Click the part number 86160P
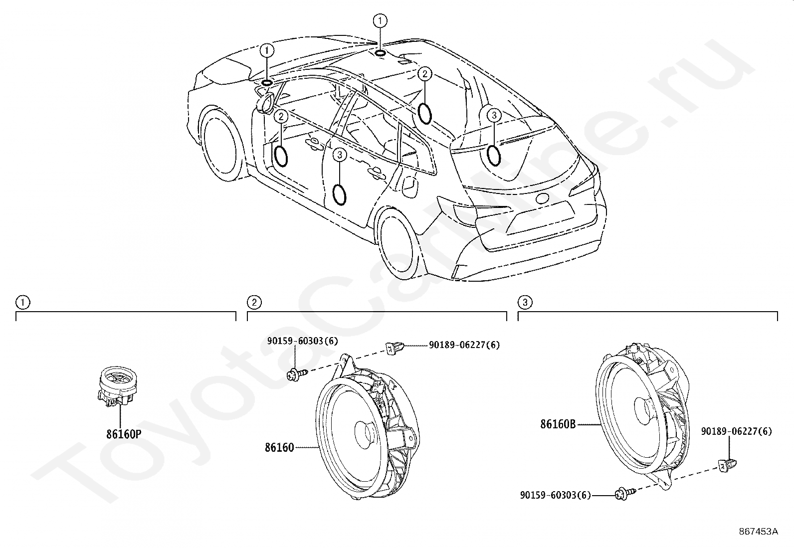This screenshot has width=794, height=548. [x=124, y=434]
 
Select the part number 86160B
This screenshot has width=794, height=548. [x=558, y=424]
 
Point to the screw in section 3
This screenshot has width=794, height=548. [x=625, y=494]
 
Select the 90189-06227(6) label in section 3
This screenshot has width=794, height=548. [x=736, y=431]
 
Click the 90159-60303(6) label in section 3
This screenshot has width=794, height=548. [x=556, y=495]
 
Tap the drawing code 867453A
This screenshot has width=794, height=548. [x=758, y=532]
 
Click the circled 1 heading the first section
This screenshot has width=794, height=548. [x=23, y=302]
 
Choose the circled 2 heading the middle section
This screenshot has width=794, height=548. [x=254, y=302]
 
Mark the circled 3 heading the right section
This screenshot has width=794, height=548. [x=525, y=302]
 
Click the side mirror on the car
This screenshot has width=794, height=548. [x=265, y=103]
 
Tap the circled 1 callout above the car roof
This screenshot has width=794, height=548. [x=380, y=21]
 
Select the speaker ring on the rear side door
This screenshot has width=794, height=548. [x=340, y=194]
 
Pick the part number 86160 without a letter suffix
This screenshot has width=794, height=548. [x=279, y=448]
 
